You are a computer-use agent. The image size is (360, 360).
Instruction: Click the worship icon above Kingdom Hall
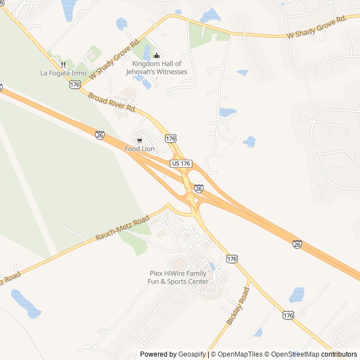click(156, 55)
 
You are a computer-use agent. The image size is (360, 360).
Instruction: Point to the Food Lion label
click(139, 149)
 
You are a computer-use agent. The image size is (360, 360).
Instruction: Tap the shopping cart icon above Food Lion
click(139, 140)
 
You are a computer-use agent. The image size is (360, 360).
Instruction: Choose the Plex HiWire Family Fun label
click(178, 277)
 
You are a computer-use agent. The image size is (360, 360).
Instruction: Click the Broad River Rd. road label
click(112, 101)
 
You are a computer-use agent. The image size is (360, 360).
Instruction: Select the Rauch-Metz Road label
click(122, 227)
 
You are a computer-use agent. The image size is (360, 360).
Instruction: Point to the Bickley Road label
click(237, 305)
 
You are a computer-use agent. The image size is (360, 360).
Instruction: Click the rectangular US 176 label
click(182, 163)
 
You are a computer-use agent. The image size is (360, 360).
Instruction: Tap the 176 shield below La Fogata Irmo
click(75, 84)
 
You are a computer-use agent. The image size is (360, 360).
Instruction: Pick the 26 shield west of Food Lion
click(100, 136)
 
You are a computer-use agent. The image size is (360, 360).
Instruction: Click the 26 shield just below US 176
click(198, 188)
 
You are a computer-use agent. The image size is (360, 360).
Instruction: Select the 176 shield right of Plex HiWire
click(232, 258)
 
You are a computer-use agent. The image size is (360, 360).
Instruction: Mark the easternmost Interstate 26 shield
click(296, 244)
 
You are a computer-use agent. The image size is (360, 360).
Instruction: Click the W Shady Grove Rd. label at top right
click(316, 28)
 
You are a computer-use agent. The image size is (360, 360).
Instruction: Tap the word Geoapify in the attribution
click(192, 354)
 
